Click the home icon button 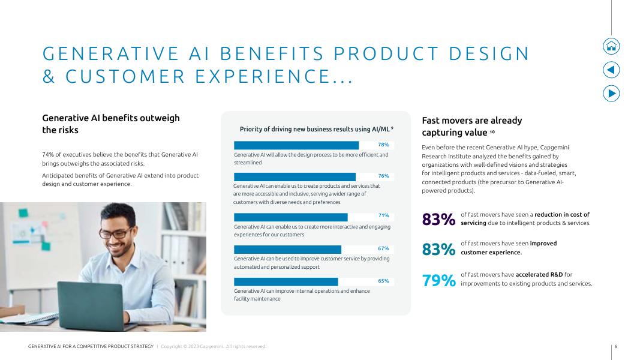point(611,46)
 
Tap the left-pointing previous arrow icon point(611,70)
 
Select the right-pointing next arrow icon point(611,94)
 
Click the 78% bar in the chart point(296,145)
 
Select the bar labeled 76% point(295,176)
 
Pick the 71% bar point(290,217)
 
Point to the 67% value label point(383,248)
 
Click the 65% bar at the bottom point(286,281)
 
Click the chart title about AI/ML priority point(316,129)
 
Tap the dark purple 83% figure point(438,220)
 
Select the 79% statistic point(438,280)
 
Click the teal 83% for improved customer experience point(438,249)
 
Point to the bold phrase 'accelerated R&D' point(539,275)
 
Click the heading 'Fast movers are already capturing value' point(471,127)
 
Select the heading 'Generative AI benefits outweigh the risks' point(110,124)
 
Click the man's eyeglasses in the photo point(118,233)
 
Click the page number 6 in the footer point(615,346)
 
